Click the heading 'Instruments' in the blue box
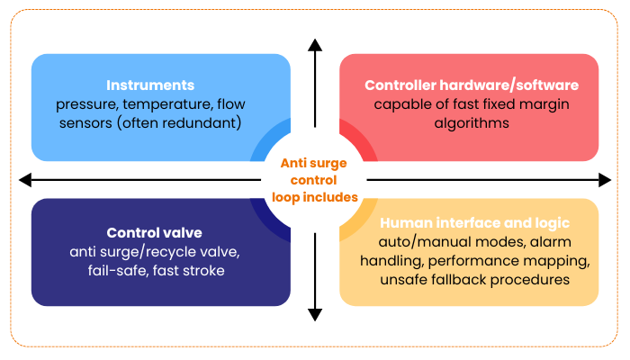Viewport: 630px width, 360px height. (x=150, y=85)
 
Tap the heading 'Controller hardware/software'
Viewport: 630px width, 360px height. (x=472, y=85)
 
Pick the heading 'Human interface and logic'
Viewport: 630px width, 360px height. (x=474, y=222)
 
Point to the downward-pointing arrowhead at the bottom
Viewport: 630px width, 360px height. (x=314, y=314)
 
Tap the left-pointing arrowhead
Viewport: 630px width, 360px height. (x=25, y=180)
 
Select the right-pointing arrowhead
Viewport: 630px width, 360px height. (x=605, y=180)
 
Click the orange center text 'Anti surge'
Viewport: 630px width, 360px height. (x=314, y=163)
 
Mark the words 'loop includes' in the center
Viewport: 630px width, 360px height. (x=314, y=196)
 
